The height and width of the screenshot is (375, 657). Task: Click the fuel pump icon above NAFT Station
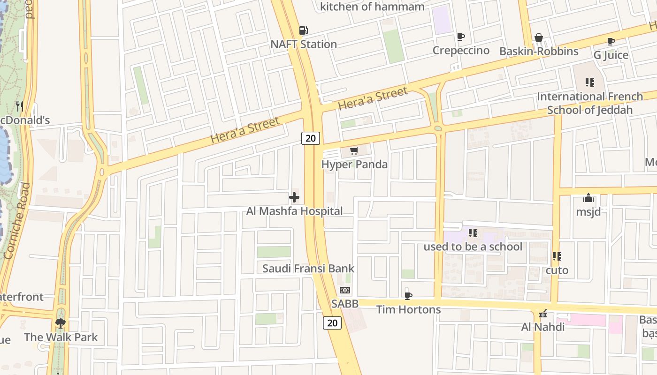[x=304, y=30]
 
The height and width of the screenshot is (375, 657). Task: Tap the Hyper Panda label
[x=354, y=164]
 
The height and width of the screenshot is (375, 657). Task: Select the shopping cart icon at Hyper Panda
[x=354, y=151]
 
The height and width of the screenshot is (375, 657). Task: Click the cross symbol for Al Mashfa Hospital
[x=294, y=197]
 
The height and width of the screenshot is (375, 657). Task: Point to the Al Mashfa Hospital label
[x=294, y=211]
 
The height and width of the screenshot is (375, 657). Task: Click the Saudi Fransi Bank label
[x=308, y=269]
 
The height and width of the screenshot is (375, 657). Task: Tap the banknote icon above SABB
[x=345, y=290]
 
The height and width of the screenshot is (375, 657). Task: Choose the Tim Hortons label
[x=408, y=309]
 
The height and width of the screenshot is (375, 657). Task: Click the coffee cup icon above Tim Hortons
[x=408, y=296]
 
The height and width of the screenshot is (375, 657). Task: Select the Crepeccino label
[x=461, y=50]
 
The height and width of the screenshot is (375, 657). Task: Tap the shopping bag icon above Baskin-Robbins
[x=539, y=37]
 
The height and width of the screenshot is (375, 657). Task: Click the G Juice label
[x=611, y=55]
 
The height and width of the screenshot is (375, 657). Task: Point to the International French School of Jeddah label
[x=590, y=103]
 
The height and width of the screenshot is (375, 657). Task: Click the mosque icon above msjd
[x=588, y=198]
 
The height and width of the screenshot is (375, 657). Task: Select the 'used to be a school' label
[x=473, y=247]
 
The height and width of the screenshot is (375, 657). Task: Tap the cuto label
[x=557, y=270]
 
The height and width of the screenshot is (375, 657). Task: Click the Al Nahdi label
[x=543, y=327]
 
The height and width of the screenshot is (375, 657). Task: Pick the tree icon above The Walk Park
[x=61, y=323]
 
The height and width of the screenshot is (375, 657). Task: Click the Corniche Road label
[x=18, y=220]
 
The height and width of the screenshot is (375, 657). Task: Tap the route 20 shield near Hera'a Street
[x=310, y=138]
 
